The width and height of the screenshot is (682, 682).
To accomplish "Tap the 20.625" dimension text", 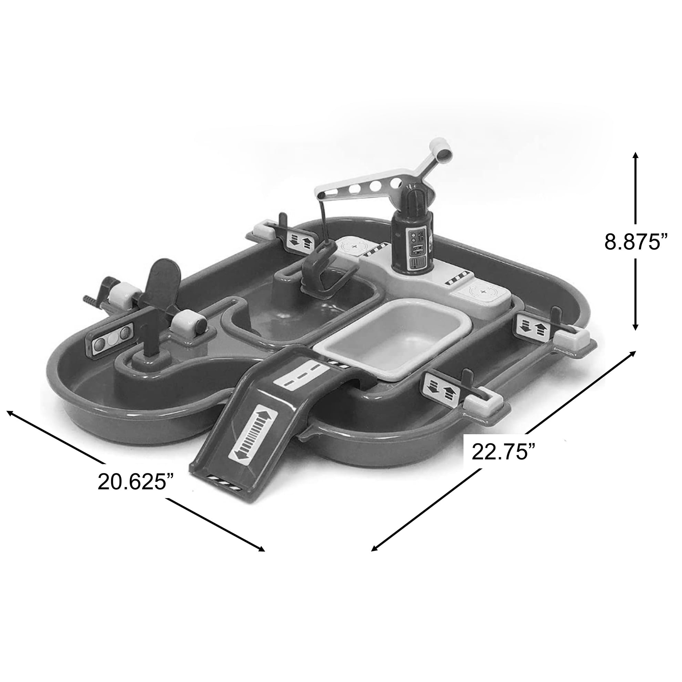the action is coord(136,482).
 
